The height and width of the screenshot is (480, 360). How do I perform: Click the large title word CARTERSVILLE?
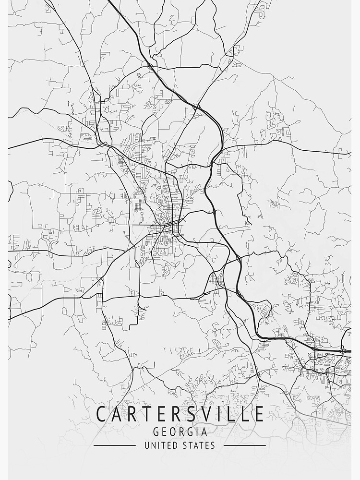click(x=180, y=414)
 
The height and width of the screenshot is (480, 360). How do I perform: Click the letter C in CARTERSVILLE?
click(x=102, y=414)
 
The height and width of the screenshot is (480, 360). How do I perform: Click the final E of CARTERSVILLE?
click(x=259, y=414)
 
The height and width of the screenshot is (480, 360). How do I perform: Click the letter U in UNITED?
click(x=147, y=445)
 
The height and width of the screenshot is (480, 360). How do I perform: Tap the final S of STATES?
click(x=213, y=445)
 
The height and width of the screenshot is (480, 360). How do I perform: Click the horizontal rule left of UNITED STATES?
click(x=115, y=445)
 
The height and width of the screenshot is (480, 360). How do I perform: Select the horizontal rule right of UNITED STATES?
click(x=245, y=445)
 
